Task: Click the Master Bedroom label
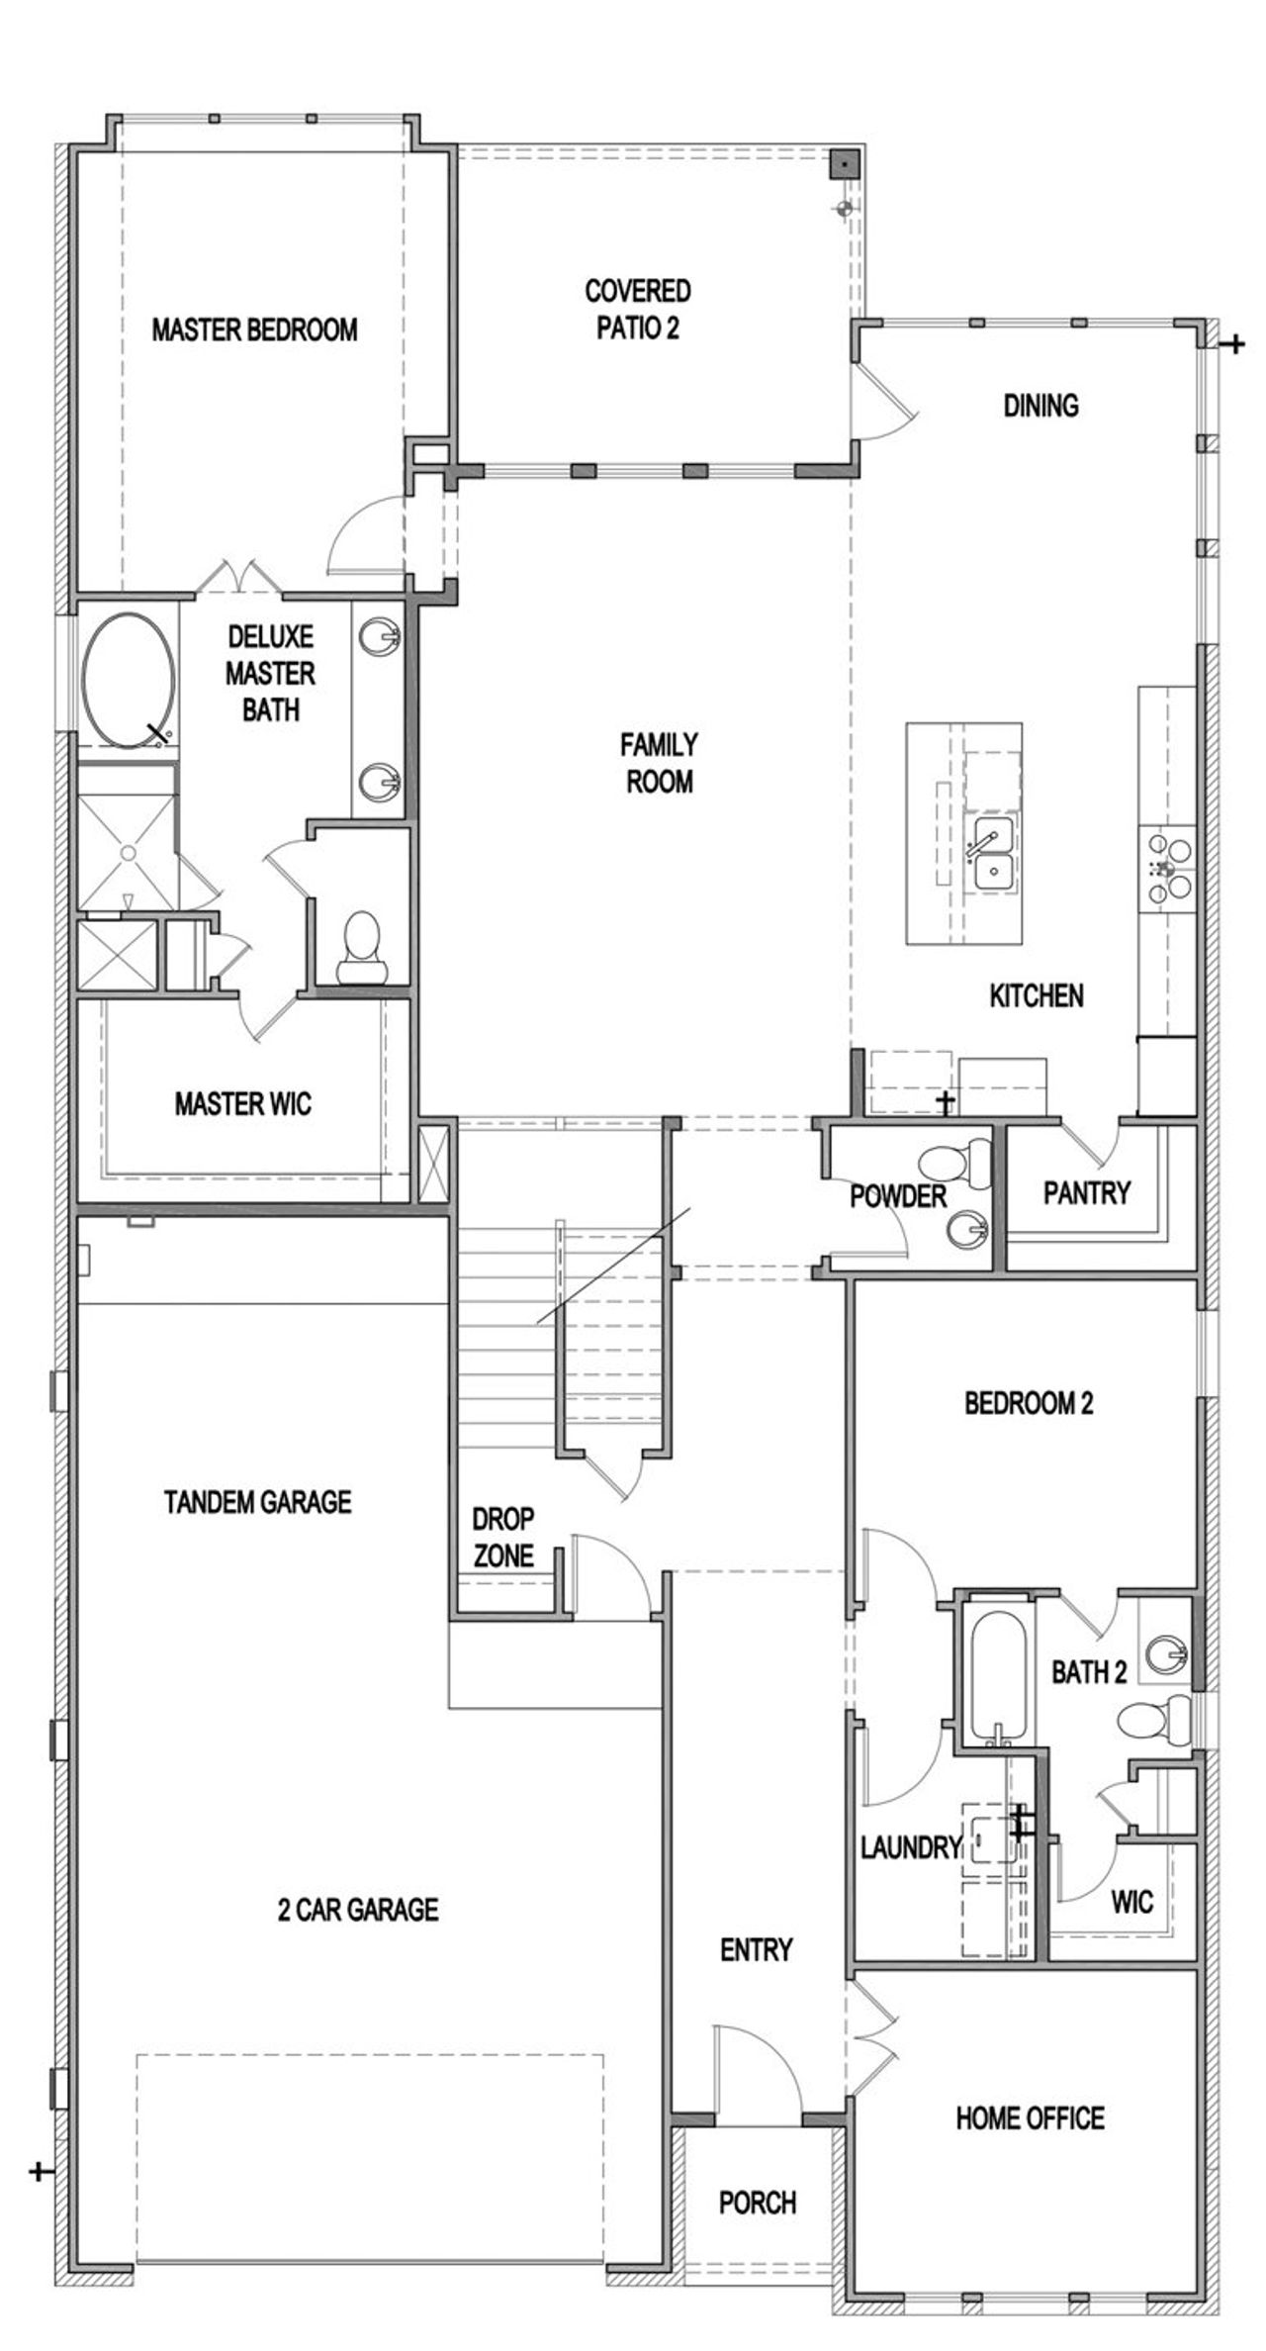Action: [x=254, y=329]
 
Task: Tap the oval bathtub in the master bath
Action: [x=129, y=677]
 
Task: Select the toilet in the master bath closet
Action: [x=361, y=947]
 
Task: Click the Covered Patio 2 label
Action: [x=638, y=309]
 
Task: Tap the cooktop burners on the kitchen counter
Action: [x=1167, y=869]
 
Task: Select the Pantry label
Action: [x=1087, y=1193]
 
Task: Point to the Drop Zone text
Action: [x=503, y=1538]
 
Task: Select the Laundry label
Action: [x=910, y=1847]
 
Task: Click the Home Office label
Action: [x=1030, y=2117]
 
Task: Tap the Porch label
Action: [x=758, y=2203]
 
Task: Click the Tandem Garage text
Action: [x=257, y=1502]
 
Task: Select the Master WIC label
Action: [x=242, y=1104]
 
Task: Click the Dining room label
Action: [x=1040, y=406]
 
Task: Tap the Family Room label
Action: [x=660, y=762]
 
